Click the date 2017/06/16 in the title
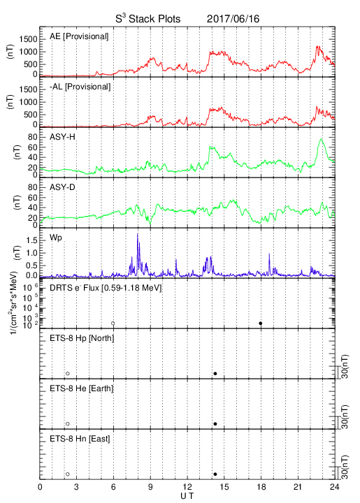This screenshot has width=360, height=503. click(233, 19)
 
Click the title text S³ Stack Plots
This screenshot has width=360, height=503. click(148, 19)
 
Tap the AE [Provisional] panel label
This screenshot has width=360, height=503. click(79, 36)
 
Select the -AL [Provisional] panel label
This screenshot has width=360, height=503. click(80, 87)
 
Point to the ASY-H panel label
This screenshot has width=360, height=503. click(62, 137)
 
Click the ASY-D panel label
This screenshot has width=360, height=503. click(62, 187)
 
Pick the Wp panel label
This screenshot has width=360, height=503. click(56, 238)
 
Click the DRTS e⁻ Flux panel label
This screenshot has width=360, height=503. click(106, 287)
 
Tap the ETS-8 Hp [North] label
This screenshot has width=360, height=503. click(82, 338)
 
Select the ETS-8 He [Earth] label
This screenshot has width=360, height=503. click(82, 388)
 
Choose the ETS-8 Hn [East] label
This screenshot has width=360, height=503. click(80, 439)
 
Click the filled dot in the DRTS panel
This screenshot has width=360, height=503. click(261, 323)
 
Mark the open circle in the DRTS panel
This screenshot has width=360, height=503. click(113, 323)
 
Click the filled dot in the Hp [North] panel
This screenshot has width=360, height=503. click(215, 373)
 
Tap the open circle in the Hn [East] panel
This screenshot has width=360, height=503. click(68, 474)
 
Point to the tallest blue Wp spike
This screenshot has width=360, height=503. click(138, 234)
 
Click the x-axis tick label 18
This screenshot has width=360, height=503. click(261, 487)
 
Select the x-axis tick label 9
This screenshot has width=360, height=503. click(150, 487)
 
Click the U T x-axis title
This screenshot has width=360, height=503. click(187, 496)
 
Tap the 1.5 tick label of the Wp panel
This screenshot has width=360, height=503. click(31, 240)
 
